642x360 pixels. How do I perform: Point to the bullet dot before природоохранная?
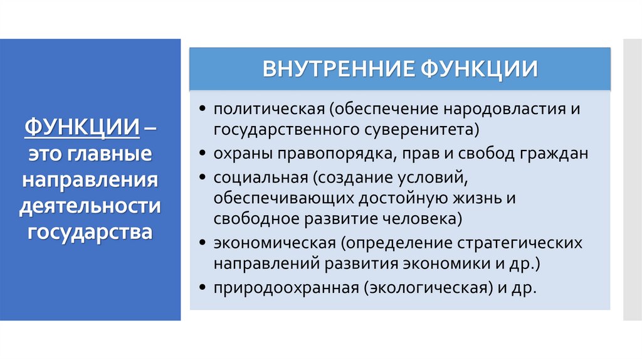coord(203,289)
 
